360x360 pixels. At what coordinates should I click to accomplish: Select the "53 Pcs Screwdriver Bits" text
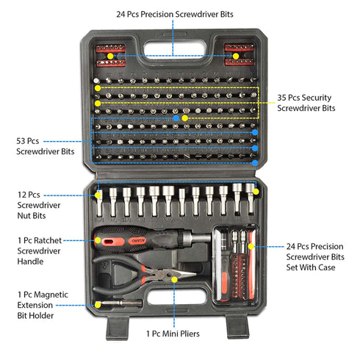point(45,145)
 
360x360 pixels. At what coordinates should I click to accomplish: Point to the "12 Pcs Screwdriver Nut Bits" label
point(39,206)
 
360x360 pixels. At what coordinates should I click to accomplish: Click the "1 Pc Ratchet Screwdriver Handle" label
point(42,250)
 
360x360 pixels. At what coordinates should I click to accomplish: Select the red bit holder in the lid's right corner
point(237,54)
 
